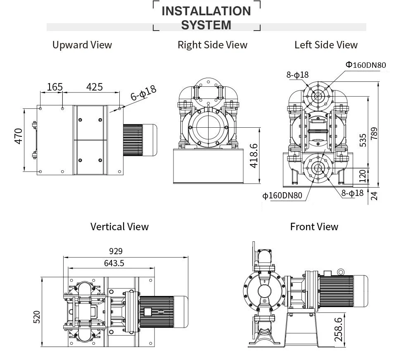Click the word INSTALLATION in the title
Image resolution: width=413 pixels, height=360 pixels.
[x=206, y=11]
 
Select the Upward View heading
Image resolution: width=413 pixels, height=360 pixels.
[x=82, y=45]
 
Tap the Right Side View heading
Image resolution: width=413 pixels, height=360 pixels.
[x=212, y=45]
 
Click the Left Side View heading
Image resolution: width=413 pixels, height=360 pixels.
[x=326, y=45]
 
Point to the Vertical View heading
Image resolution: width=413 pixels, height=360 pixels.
[x=119, y=226]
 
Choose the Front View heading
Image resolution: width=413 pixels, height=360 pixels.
[x=314, y=226]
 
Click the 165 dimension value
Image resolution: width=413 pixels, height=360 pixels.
[x=55, y=87]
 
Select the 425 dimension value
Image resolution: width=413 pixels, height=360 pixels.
[x=94, y=87]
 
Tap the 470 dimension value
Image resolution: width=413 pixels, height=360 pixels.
[x=19, y=136]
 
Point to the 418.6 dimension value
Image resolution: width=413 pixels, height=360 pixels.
[x=254, y=156]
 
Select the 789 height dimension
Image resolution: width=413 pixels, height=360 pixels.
[x=374, y=134]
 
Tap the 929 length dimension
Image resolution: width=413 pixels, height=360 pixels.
[x=116, y=251]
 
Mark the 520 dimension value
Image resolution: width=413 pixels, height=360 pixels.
[x=37, y=317]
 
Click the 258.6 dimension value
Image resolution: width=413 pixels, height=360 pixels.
[x=338, y=329]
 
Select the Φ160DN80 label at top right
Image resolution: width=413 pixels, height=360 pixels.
[x=366, y=65]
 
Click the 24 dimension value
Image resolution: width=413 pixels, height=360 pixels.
[x=374, y=195]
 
